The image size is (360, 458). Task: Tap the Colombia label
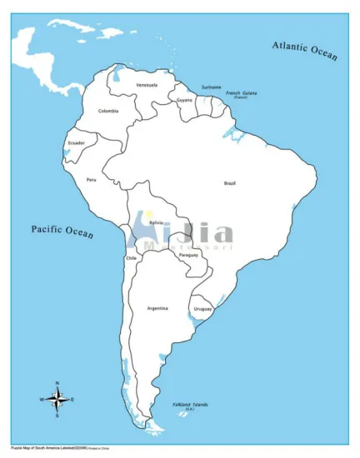click(x=107, y=111)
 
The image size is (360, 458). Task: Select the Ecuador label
click(x=76, y=142)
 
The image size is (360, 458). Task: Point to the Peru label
click(x=92, y=179)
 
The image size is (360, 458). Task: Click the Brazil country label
click(x=230, y=182)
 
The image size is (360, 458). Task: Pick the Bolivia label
click(x=156, y=222)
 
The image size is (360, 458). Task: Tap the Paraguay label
click(x=189, y=254)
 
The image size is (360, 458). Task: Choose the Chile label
click(x=130, y=258)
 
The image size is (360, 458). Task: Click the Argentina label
click(x=157, y=309)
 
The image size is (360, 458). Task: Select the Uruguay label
click(x=202, y=309)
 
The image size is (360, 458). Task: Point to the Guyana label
click(x=185, y=99)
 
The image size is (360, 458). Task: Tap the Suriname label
click(x=211, y=86)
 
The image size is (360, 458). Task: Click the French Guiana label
click(x=242, y=93)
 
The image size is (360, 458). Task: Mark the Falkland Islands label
click(x=191, y=405)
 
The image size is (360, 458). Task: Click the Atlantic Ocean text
click(x=305, y=50)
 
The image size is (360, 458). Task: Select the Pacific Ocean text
click(x=62, y=230)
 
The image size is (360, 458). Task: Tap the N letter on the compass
click(x=57, y=383)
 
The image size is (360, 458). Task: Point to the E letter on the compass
click(x=72, y=400)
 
